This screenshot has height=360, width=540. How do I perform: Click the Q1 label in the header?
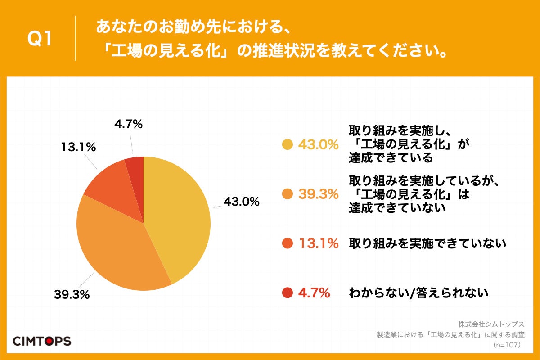point(40,40)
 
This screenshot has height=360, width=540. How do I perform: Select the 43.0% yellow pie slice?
point(180,216)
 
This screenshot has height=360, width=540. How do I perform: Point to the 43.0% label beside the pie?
point(241,202)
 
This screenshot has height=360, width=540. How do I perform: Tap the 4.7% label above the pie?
point(128,124)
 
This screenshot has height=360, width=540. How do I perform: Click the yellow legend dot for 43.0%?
point(287,144)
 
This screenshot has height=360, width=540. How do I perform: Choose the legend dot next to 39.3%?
point(287,194)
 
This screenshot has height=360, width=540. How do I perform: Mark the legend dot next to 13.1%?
point(287,243)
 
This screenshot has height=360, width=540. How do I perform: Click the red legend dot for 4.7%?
point(287,293)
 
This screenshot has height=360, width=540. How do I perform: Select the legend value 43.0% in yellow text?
point(318,144)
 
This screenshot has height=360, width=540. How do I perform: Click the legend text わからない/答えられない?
point(418,293)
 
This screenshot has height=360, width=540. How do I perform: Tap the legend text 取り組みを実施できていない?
point(427,243)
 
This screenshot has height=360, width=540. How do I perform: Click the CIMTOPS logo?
point(41,341)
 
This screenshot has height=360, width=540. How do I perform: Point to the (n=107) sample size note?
point(506,345)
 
